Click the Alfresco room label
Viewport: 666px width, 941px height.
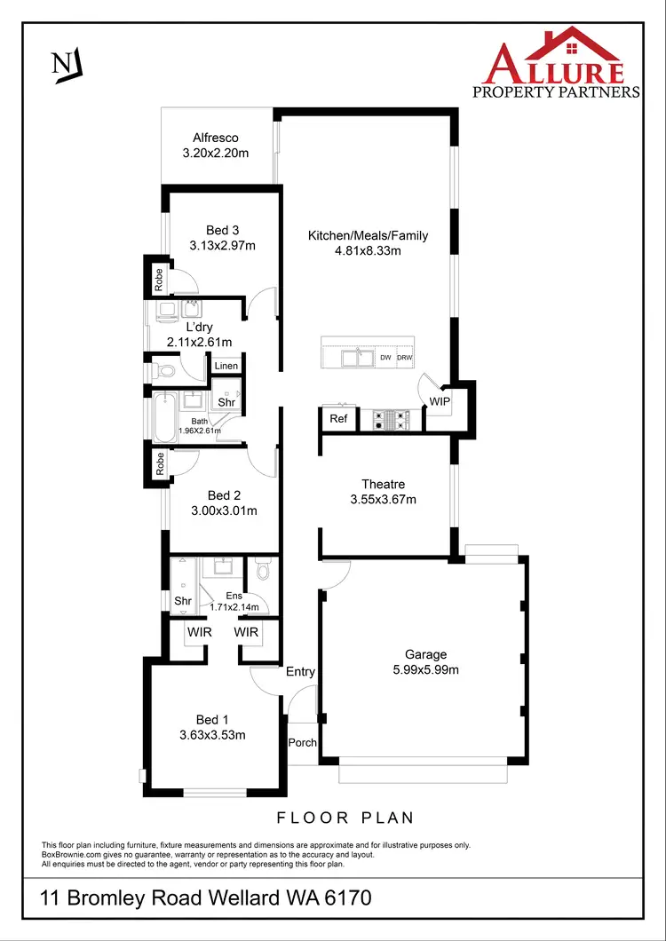coord(216,138)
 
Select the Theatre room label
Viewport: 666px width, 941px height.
coord(383,484)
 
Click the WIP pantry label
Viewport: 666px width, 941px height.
coord(440,402)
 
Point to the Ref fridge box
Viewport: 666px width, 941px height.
coord(338,419)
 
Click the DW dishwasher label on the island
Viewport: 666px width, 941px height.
coord(385,358)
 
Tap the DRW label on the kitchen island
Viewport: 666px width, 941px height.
coord(405,358)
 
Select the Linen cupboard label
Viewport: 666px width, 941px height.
coord(226,366)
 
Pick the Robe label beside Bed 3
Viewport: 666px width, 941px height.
coord(159,281)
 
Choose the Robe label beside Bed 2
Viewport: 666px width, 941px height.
coord(161,466)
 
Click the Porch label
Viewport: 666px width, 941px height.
coord(303,742)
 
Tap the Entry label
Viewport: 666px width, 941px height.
coord(300,672)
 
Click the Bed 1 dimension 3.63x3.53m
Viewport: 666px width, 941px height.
coord(212,734)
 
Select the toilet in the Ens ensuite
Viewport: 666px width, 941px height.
coord(262,572)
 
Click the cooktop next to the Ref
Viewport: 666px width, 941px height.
coord(392,419)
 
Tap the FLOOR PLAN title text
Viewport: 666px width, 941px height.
coord(345,818)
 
